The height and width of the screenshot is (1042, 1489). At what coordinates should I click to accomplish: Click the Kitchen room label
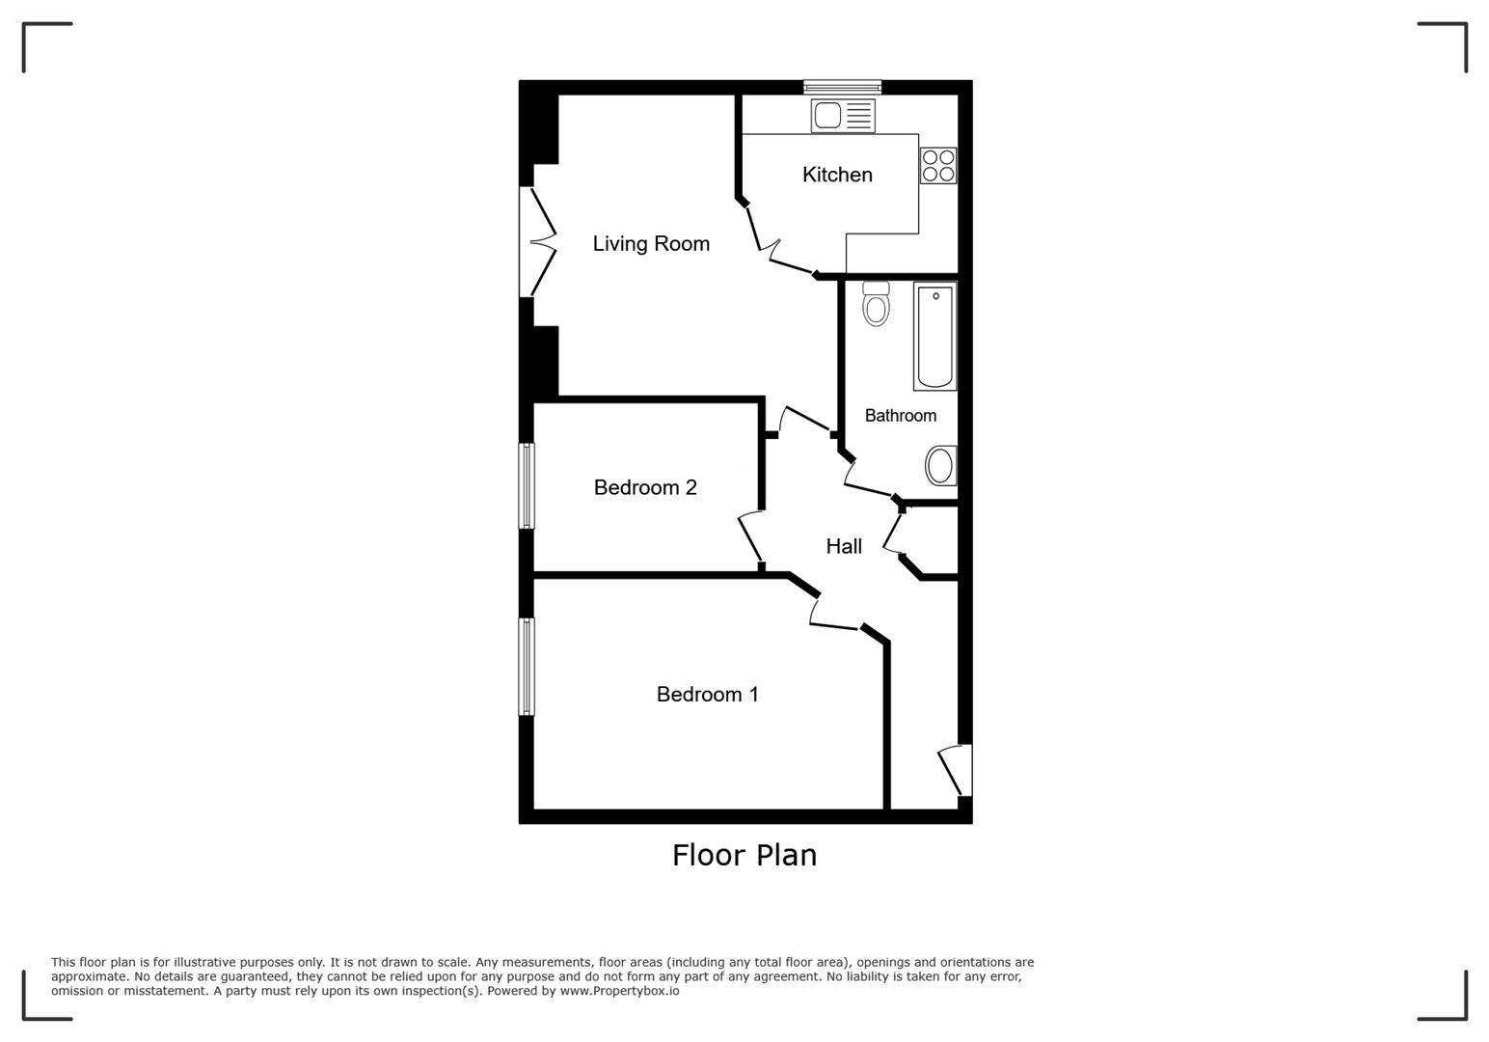pos(837,175)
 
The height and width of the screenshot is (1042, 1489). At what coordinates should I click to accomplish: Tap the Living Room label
pos(651,244)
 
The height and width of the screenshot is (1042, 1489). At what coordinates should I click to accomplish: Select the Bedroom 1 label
pos(707,695)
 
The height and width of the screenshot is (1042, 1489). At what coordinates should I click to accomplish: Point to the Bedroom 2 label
pos(645,488)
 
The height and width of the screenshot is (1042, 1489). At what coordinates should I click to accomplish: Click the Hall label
pos(844,547)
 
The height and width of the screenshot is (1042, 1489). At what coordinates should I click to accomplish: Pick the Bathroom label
pos(900,416)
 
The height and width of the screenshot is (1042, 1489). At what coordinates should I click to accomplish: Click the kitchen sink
pos(843,116)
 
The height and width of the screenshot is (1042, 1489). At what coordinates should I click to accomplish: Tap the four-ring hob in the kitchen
pos(937,165)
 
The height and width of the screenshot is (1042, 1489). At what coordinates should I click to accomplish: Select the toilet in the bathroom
pos(876,304)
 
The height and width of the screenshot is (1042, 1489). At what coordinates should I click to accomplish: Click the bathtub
pos(934,335)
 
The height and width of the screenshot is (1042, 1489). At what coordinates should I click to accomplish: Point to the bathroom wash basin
pos(940,465)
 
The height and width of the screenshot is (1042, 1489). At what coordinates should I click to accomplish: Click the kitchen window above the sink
pos(842,87)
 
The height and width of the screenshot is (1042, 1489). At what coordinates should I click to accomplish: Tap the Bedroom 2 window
pos(527,485)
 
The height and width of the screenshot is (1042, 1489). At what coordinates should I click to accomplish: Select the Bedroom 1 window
pos(527,666)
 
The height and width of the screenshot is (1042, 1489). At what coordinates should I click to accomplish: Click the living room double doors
pos(537,241)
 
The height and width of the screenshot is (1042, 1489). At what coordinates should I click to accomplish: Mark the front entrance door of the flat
pos(956,770)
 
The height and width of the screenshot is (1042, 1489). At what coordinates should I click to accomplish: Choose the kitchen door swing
pos(772,241)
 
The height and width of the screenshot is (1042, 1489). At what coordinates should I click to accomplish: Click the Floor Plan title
pos(744,856)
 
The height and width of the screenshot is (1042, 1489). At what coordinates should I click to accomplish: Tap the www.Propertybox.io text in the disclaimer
pos(619,991)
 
